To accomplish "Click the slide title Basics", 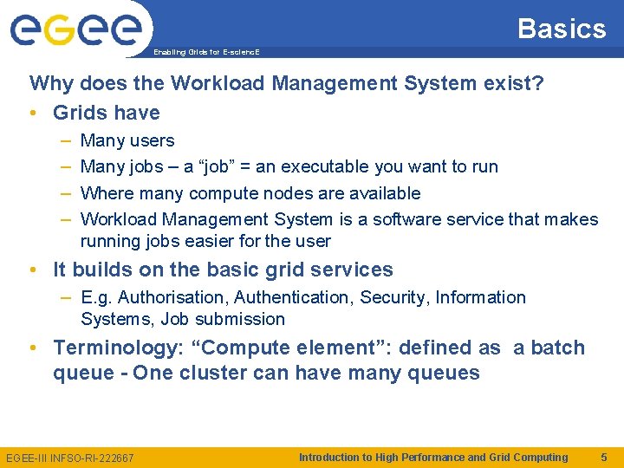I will (x=562, y=29).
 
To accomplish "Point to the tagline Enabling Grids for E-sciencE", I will (x=206, y=52).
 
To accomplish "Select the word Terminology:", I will (x=121, y=348).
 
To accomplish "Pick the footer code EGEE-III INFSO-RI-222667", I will (x=70, y=458).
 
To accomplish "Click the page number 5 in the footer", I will (x=603, y=457).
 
